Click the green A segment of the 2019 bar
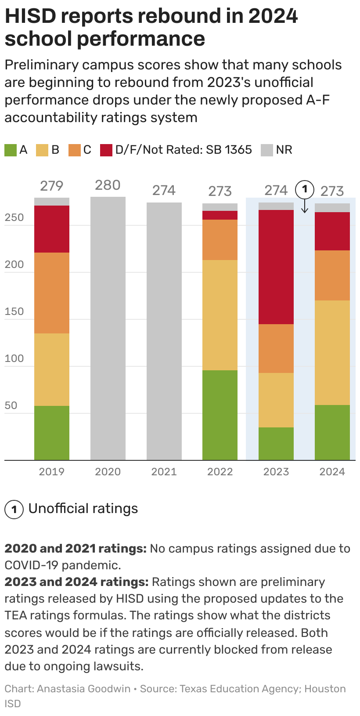click(x=52, y=433)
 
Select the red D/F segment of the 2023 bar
click(x=276, y=267)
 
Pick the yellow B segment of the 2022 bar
click(x=220, y=315)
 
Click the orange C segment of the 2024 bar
click(x=332, y=275)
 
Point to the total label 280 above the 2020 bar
click(x=108, y=185)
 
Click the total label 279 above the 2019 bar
click(x=52, y=186)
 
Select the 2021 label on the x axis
click(x=164, y=472)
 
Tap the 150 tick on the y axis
click(x=14, y=311)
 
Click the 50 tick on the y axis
click(x=11, y=405)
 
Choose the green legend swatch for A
click(x=11, y=150)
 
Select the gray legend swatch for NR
click(x=267, y=150)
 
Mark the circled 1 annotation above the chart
click(x=304, y=190)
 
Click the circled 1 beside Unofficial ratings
click(x=14, y=510)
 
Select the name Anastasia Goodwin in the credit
click(x=83, y=689)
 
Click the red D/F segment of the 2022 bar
click(x=220, y=215)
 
